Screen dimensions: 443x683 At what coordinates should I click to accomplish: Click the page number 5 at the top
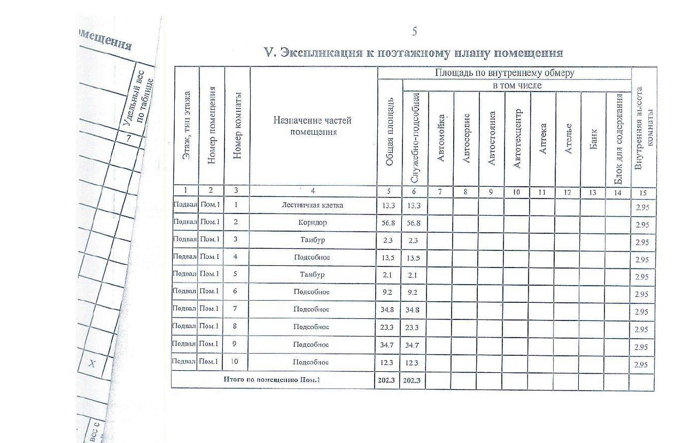pos(414,32)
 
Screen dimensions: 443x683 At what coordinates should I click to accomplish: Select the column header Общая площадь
pos(390,132)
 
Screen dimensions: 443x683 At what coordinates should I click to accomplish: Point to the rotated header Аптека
pos(543,139)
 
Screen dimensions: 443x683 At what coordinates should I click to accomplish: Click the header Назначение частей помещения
pos(313,126)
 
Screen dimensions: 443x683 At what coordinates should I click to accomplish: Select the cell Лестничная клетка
pos(313,205)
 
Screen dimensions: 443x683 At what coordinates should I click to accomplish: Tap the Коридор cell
pos(313,223)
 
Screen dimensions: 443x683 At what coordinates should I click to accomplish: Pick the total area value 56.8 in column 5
pos(389,223)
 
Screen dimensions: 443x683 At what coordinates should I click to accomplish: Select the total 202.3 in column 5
pos(387,380)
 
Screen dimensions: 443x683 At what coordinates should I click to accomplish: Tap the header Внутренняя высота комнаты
pos(644,129)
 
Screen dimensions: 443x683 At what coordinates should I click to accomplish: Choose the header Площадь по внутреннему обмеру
pos(505,73)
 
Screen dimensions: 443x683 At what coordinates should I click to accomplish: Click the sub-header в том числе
pos(517,86)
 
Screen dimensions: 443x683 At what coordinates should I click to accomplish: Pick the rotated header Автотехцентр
pos(517,139)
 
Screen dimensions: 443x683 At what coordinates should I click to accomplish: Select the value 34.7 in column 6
pos(412,345)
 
